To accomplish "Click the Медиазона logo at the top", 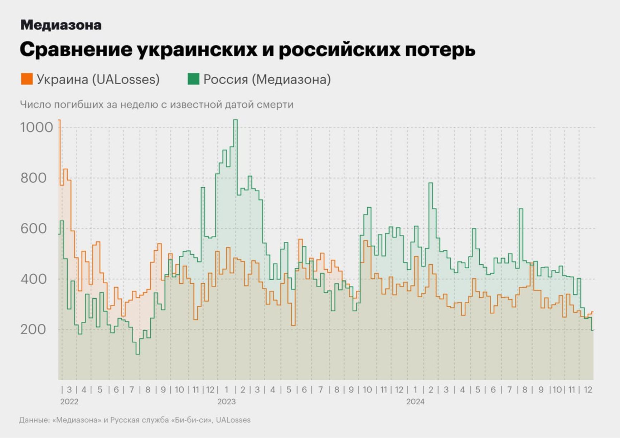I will coord(61,25).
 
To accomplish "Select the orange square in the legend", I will coord(27,79).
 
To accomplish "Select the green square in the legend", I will coord(193,79).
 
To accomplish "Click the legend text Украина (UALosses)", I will coord(98,79).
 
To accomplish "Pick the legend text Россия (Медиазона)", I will coord(267,79).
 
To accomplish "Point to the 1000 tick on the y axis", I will coord(37,127).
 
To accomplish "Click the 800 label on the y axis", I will coord(33,178).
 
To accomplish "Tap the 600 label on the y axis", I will coord(33,228).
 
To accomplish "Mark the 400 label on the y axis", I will coord(33,279).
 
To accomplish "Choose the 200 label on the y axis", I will coord(33,329).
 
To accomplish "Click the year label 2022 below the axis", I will coord(69,401).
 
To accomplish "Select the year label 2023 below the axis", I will coord(226,401).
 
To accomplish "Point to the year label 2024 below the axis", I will coord(415,401).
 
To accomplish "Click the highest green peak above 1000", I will coord(235,120).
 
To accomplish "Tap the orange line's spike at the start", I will coord(59,121).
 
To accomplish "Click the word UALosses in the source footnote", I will coord(233,420).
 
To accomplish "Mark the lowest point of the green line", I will coord(137,354).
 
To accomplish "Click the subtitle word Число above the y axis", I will coord(35,105).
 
